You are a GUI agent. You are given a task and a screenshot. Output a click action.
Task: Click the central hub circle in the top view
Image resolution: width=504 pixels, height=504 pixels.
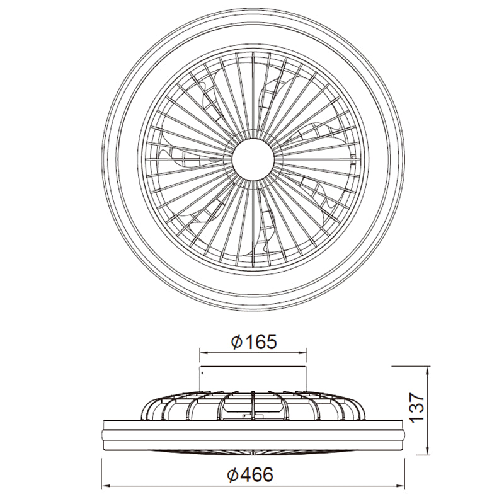[253, 157]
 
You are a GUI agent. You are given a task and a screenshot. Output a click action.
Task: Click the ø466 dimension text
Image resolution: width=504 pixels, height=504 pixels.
[251, 476]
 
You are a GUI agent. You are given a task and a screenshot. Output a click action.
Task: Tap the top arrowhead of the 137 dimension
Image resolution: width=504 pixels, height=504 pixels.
[428, 369]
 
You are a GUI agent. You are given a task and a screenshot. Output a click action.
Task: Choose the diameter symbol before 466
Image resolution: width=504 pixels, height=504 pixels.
[234, 476]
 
